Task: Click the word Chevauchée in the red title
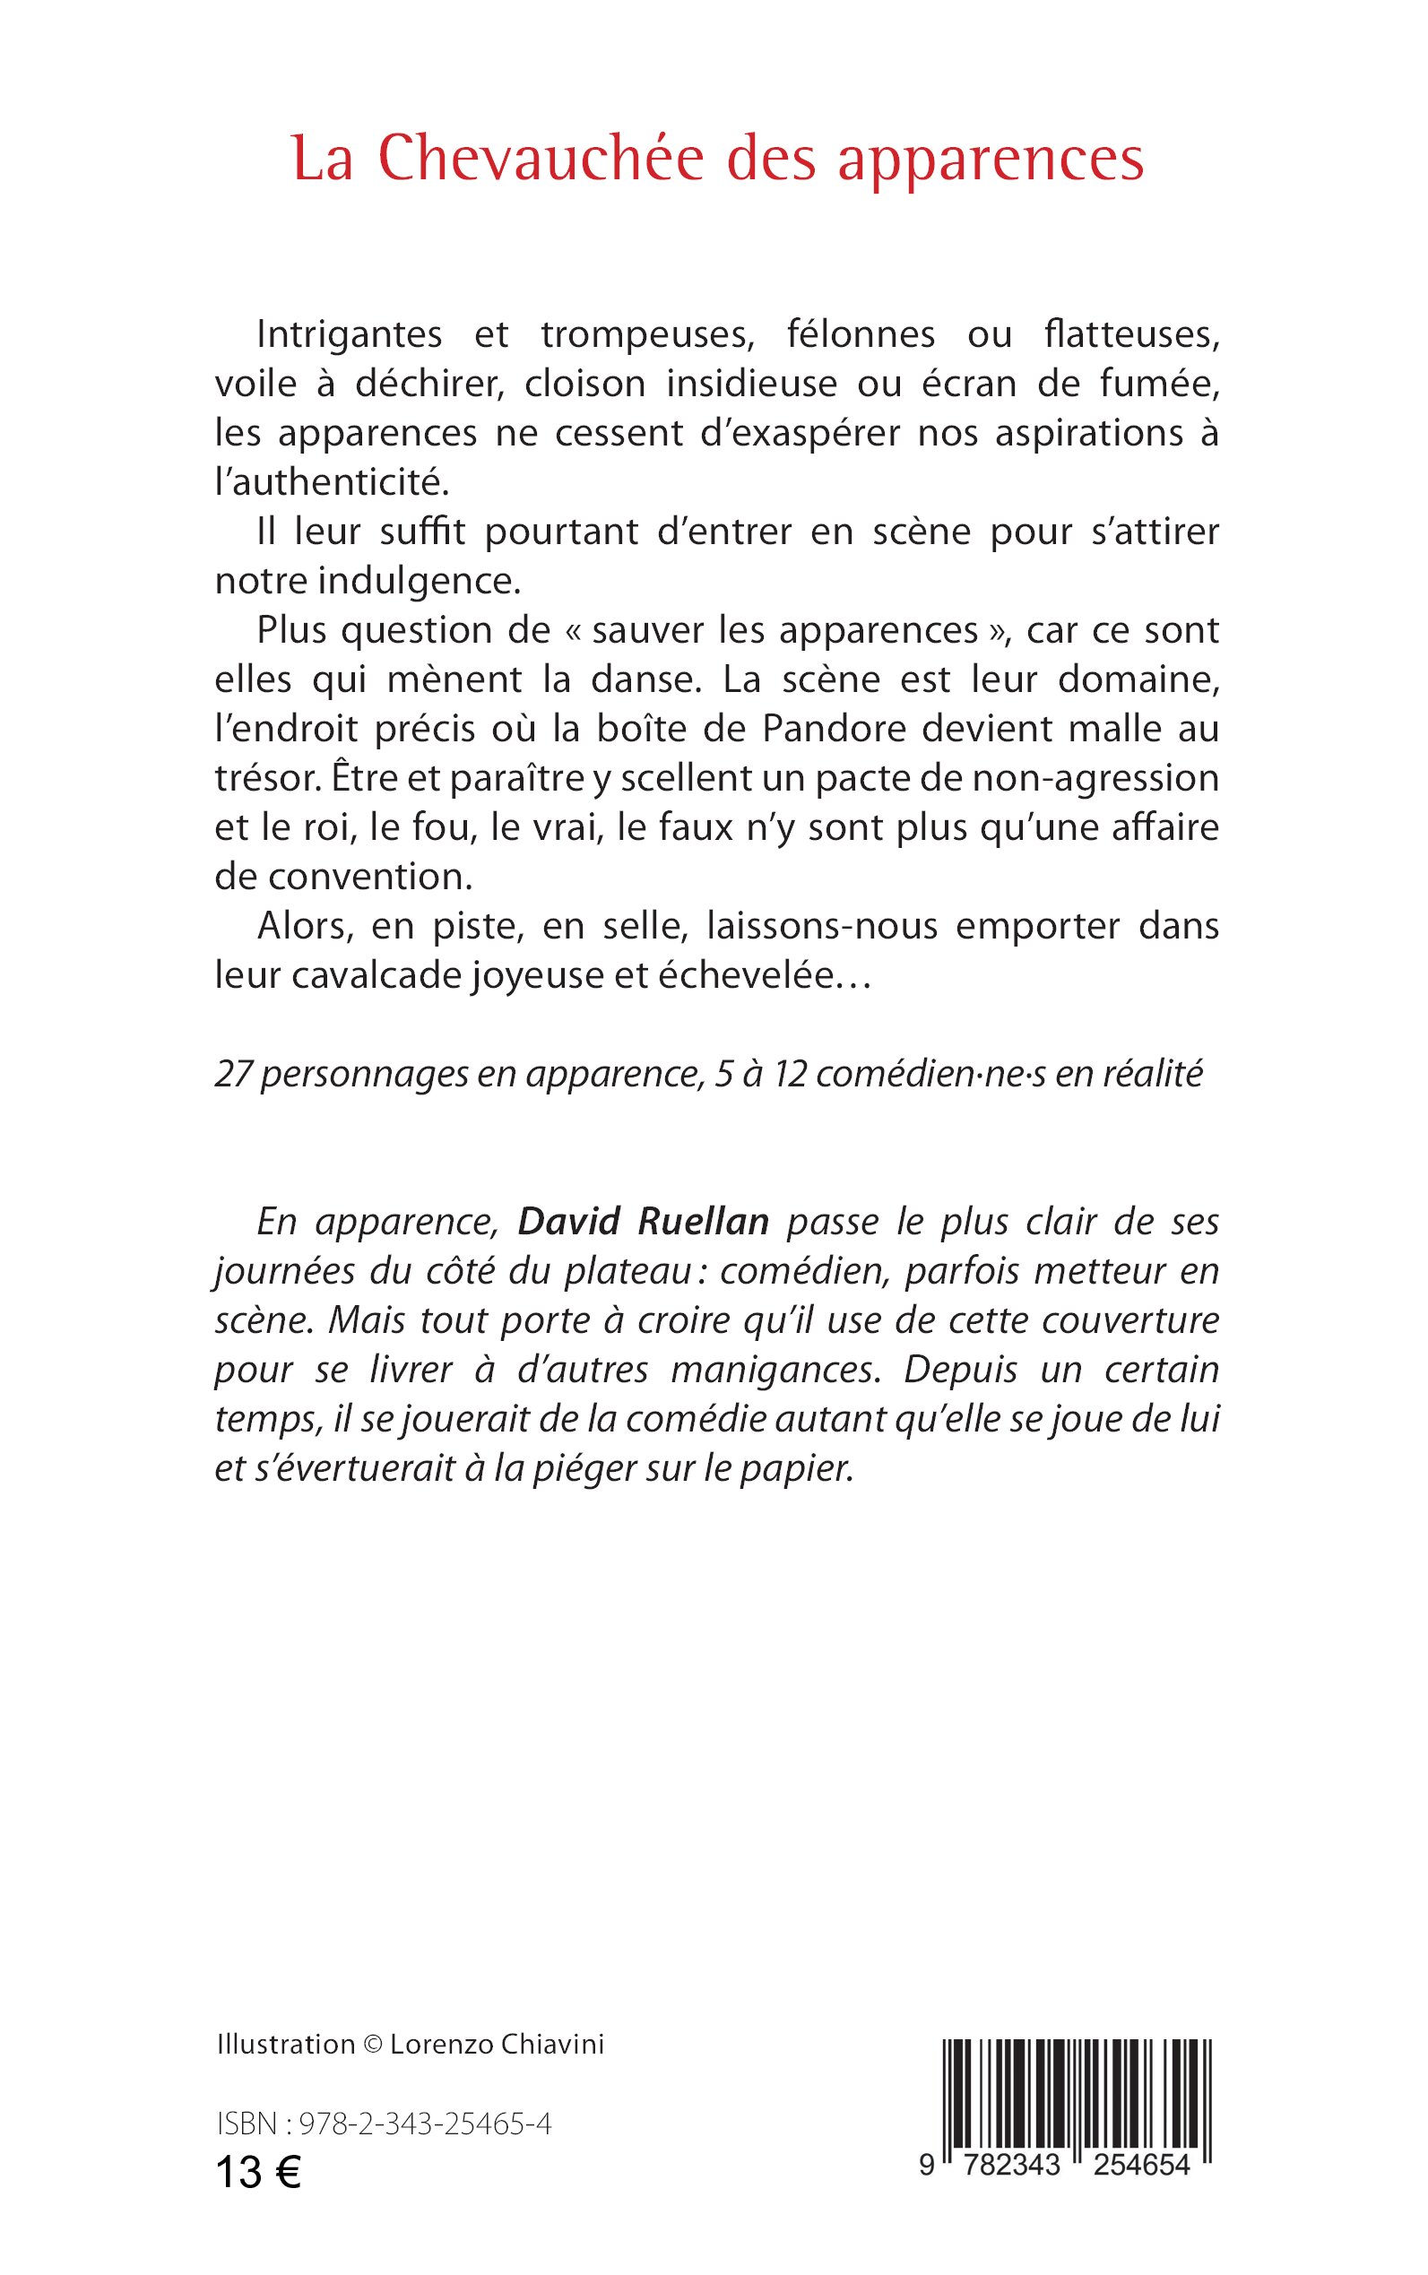coord(541,159)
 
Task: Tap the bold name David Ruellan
coord(643,1222)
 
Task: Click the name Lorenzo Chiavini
coord(497,2045)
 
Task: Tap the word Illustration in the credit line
coord(285,2045)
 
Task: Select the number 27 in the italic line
coord(231,1074)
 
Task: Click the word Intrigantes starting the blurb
coord(350,335)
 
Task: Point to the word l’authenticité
coord(332,482)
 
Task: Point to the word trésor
coord(268,778)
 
